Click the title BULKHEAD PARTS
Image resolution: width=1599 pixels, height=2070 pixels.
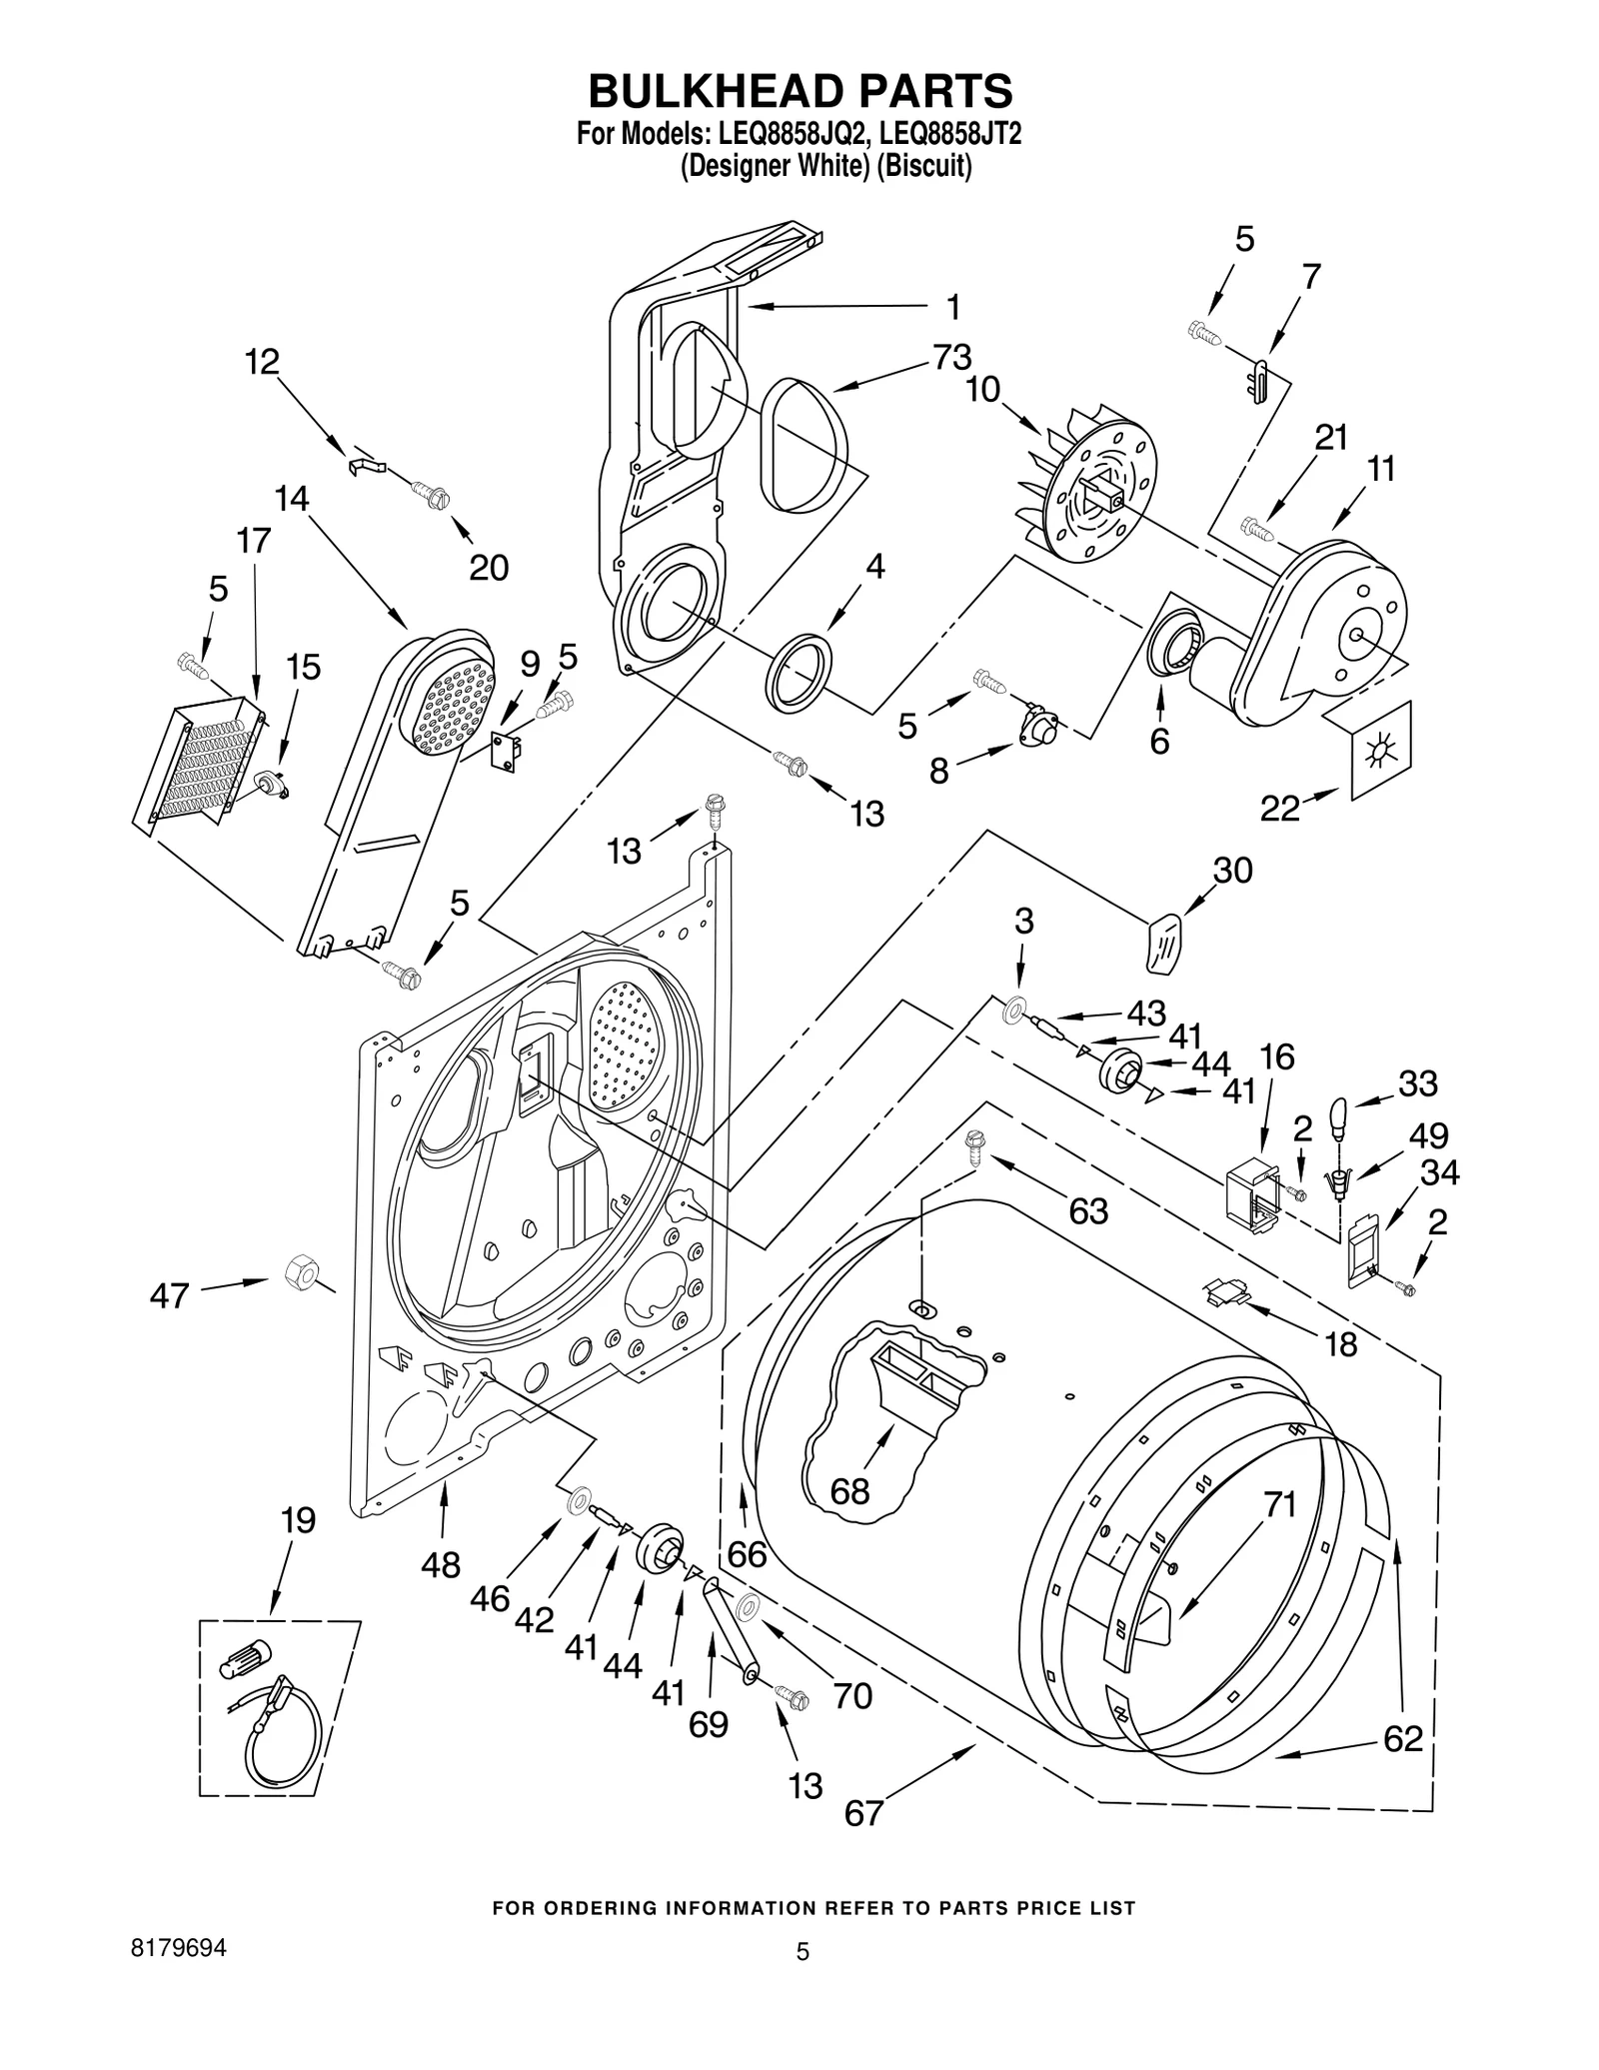(x=799, y=91)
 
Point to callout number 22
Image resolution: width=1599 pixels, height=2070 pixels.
(x=1279, y=808)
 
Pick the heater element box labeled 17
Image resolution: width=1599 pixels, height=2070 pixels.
(x=200, y=764)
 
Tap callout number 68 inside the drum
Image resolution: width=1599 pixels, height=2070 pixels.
(x=849, y=1491)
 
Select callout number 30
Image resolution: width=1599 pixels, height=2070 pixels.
(x=1232, y=870)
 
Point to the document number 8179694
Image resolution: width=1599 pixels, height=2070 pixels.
(x=179, y=1948)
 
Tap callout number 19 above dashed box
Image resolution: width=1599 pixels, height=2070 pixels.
(x=297, y=1520)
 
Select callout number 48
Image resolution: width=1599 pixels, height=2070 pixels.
(x=440, y=1564)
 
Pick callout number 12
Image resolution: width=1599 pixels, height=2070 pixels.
(x=262, y=362)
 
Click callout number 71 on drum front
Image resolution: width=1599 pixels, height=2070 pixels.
(x=1279, y=1503)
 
